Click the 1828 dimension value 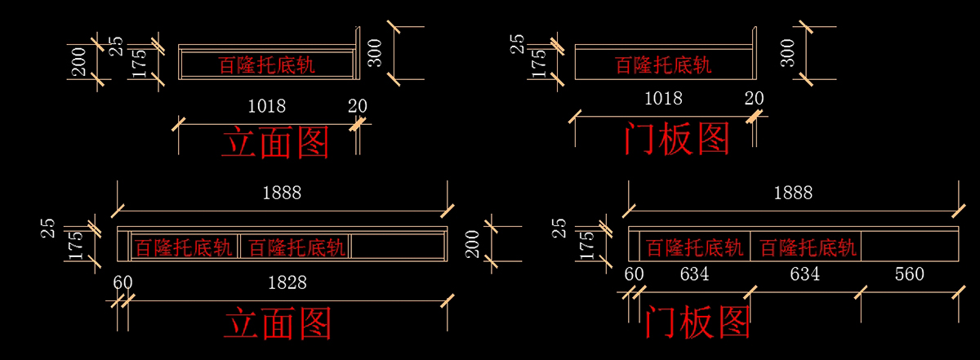pyautogui.click(x=287, y=282)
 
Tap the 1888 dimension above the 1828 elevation pyautogui.click(x=282, y=193)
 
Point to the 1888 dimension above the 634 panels pyautogui.click(x=793, y=193)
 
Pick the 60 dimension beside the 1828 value pyautogui.click(x=123, y=282)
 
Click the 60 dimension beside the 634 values pyautogui.click(x=635, y=274)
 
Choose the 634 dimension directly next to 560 pyautogui.click(x=804, y=274)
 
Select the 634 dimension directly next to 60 pyautogui.click(x=695, y=274)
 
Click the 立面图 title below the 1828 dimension pyautogui.click(x=278, y=323)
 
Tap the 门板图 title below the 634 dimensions pyautogui.click(x=697, y=322)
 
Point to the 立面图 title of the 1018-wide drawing pyautogui.click(x=275, y=143)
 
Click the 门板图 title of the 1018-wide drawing pyautogui.click(x=676, y=140)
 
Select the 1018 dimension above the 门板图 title pyautogui.click(x=663, y=99)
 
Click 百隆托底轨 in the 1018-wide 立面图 pyautogui.click(x=267, y=65)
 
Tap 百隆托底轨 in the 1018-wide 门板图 pyautogui.click(x=663, y=64)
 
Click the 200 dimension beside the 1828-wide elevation pyautogui.click(x=473, y=242)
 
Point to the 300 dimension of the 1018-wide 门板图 pyautogui.click(x=788, y=53)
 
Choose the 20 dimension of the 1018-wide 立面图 pyautogui.click(x=358, y=106)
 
